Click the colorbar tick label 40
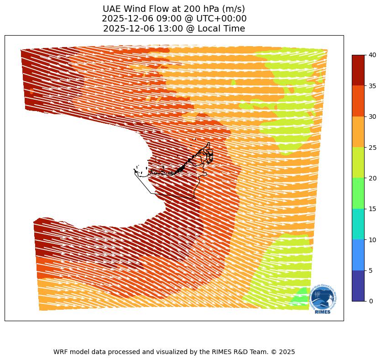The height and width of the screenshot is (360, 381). coord(373,55)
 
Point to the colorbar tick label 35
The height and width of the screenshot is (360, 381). coord(373,86)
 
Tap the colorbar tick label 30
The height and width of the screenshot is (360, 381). coord(373,116)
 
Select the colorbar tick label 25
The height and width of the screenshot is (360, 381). coord(373,147)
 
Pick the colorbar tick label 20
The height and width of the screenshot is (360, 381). coord(373,178)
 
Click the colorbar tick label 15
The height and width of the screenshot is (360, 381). coord(373,209)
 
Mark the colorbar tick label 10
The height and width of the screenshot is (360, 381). coord(373,239)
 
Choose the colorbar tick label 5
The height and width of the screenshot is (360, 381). coord(371,270)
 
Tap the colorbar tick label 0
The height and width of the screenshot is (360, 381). coord(371,301)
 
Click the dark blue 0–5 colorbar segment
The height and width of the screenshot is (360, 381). coord(358,286)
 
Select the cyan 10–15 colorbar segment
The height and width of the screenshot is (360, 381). coord(358,224)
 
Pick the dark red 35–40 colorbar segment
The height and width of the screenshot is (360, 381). coord(358,70)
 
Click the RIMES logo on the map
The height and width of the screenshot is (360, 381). coord(323,299)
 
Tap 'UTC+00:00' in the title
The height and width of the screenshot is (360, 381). coord(221,19)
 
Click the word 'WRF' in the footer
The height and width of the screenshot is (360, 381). coord(61,352)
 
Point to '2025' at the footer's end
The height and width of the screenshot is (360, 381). coord(287,352)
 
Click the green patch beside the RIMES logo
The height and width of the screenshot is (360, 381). coord(300,299)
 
